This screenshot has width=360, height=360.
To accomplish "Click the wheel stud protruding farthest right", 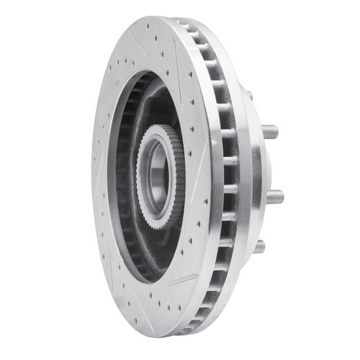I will [x=274, y=196].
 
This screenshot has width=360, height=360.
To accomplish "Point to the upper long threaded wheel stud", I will [x=269, y=132].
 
